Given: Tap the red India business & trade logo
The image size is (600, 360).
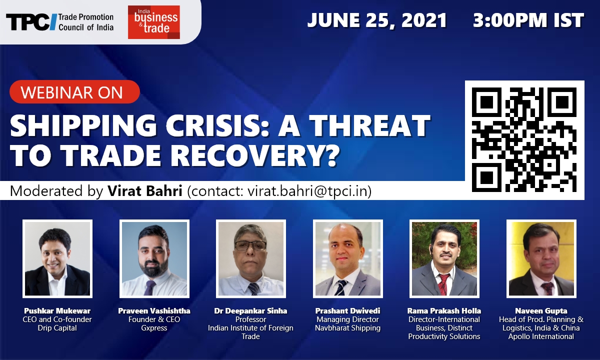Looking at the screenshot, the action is [154, 22].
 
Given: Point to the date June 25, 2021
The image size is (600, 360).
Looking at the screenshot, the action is [377, 20].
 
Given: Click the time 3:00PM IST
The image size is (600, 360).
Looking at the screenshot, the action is [528, 20].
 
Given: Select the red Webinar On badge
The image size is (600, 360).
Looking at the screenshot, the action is [74, 92].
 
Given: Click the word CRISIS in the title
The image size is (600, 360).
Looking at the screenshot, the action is [217, 125].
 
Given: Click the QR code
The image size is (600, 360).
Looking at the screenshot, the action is [524, 140].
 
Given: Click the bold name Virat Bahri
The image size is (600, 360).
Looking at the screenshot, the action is [145, 191].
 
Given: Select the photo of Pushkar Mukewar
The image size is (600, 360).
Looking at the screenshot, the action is [57, 259].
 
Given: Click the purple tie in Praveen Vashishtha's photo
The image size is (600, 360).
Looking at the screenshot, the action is [149, 287].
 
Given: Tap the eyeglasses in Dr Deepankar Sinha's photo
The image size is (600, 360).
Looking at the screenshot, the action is [250, 246].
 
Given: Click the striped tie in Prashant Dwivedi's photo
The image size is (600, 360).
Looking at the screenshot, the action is [342, 287].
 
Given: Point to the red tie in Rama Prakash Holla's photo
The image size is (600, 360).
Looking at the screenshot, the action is [443, 284].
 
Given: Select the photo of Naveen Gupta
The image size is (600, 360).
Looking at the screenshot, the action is [541, 259].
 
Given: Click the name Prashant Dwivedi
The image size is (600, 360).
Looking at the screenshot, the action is [347, 310].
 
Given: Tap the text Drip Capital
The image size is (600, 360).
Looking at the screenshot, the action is [57, 328].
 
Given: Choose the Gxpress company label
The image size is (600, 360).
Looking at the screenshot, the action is [154, 328].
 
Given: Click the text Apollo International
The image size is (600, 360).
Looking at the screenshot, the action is [541, 336].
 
